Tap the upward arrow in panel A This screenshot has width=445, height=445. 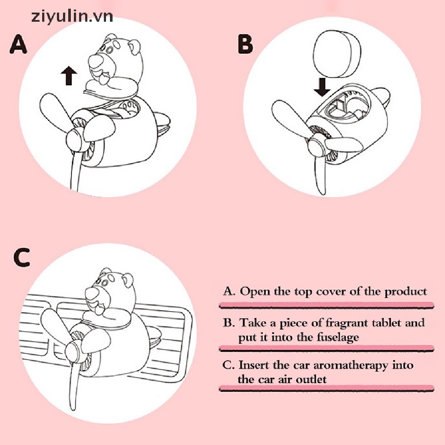[69, 76]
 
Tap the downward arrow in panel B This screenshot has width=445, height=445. [322, 87]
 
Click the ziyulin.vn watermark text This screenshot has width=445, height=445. [72, 17]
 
